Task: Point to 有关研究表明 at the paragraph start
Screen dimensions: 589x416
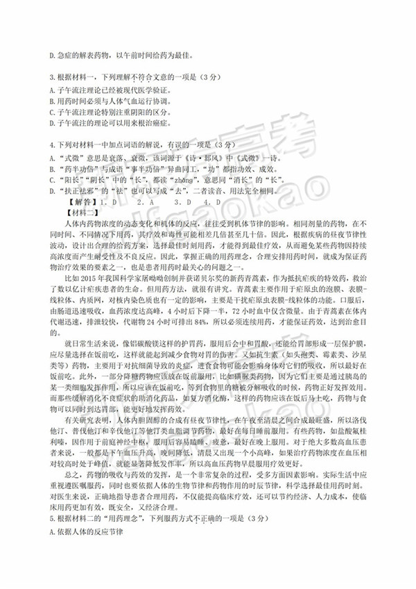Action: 86,420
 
